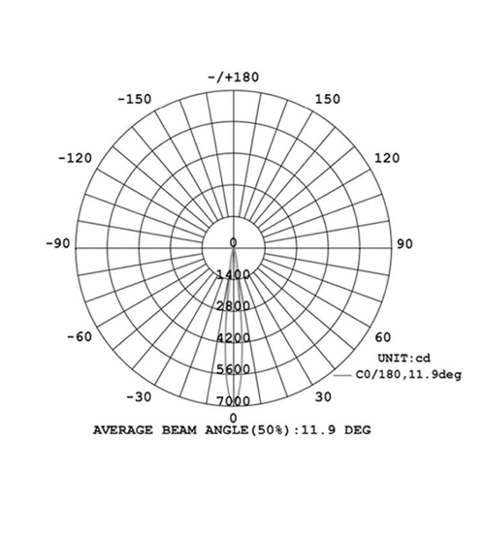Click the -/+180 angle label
[x=234, y=78]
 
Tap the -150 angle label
[x=135, y=99]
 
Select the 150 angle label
[x=328, y=99]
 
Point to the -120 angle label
[x=76, y=158]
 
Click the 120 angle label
[x=387, y=158]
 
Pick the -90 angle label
[x=58, y=243]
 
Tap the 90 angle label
[x=404, y=244]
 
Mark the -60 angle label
[x=80, y=337]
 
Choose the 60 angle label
[x=383, y=337]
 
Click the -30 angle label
[x=139, y=396]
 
